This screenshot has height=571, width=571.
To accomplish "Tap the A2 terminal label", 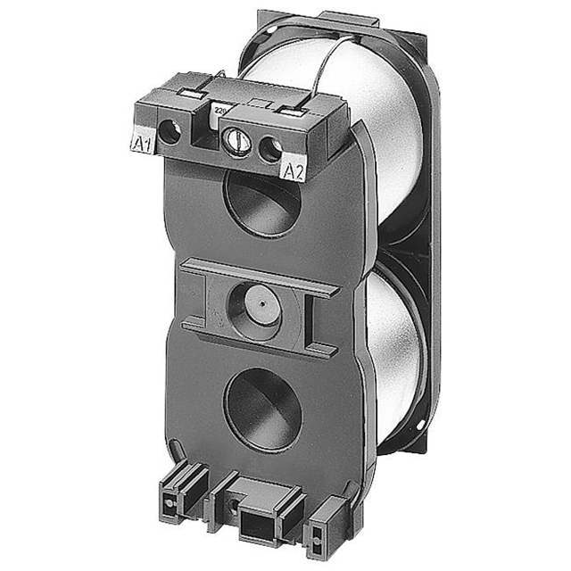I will click(x=294, y=170).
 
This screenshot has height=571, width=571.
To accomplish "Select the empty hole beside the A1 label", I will click(x=170, y=133).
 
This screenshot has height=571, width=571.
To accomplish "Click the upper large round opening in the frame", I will click(x=261, y=200).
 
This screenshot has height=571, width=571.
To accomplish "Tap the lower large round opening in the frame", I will click(x=262, y=408).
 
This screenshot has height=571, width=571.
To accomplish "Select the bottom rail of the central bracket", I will click(x=259, y=343).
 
